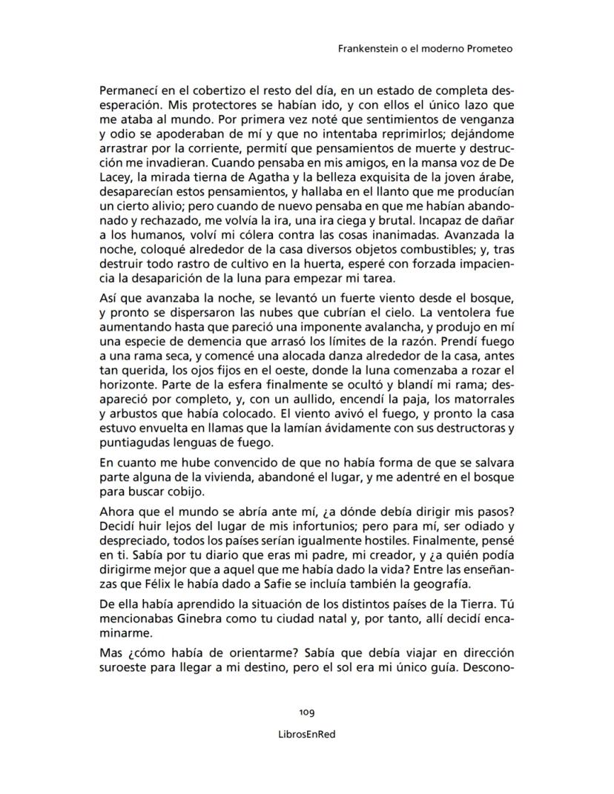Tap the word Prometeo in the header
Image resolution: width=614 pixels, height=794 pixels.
(488, 50)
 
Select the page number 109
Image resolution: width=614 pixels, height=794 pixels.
(307, 712)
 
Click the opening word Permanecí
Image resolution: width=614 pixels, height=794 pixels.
(128, 92)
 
